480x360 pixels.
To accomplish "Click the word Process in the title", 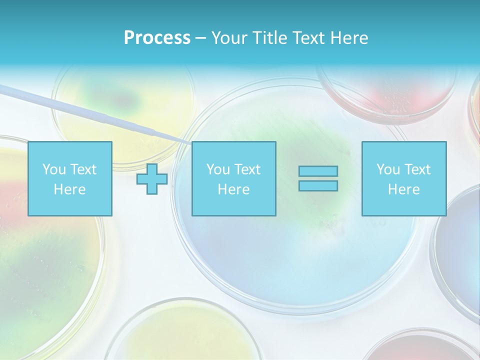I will point(157,38).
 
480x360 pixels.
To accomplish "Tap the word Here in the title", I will point(349,38).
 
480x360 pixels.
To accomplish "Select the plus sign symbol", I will point(152,179).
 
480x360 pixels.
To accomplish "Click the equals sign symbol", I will point(318,178).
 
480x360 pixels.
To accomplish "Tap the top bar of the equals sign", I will point(318,171).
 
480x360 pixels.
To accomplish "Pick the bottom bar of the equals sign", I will point(318,186).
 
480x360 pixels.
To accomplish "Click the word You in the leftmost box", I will point(54,169).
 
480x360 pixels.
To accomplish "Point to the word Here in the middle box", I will point(234,189).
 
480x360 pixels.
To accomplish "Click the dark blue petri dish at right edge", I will point(457,245).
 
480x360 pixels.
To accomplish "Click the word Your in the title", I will point(231,38).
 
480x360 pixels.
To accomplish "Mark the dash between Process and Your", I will point(200,38).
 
